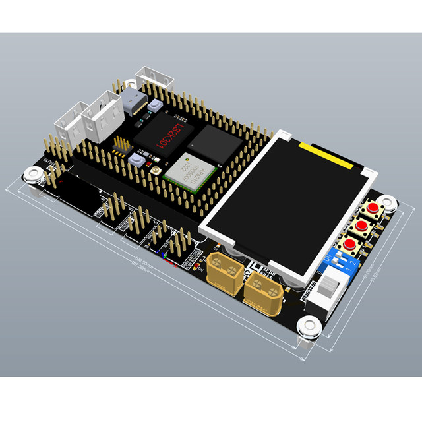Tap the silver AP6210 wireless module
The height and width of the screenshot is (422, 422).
(x=191, y=169)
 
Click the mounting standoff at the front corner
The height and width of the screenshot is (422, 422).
(x=307, y=326)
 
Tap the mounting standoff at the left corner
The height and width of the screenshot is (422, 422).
(x=32, y=175)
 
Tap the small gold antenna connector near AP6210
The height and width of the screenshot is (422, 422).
(x=154, y=172)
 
